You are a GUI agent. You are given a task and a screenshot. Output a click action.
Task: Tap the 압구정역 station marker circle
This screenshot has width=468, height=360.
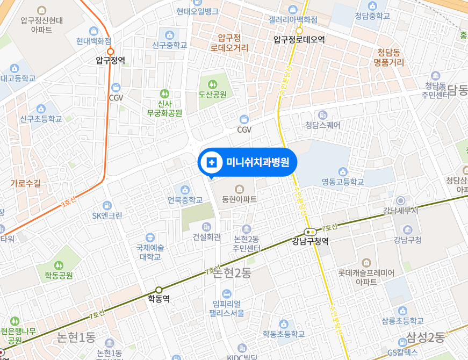click(x=110, y=53)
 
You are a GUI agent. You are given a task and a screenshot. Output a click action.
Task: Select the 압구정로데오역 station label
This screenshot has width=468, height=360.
click(x=299, y=39)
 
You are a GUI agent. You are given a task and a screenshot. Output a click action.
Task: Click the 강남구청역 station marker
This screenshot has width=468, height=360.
click(x=310, y=232)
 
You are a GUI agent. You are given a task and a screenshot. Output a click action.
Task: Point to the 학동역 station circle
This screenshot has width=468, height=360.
click(x=159, y=290)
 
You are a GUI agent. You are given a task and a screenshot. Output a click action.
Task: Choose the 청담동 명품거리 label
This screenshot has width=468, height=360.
click(x=390, y=57)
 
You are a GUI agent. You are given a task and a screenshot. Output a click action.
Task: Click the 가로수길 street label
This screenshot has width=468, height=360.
click(x=25, y=183)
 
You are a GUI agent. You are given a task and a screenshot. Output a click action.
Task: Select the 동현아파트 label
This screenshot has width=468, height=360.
click(x=239, y=199)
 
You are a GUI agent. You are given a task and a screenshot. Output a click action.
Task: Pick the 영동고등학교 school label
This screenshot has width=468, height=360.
click(x=343, y=182)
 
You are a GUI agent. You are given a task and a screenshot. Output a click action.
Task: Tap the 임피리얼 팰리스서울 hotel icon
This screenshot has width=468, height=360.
click(x=227, y=293)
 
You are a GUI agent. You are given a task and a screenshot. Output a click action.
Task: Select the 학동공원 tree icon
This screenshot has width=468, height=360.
click(x=59, y=265)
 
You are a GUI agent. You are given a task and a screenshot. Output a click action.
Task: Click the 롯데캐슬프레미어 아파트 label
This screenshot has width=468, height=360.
click(x=366, y=277)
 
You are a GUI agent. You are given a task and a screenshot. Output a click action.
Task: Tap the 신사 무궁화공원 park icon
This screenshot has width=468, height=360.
click(x=164, y=93)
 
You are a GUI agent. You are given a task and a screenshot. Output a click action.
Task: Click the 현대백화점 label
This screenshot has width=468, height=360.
click(x=93, y=41)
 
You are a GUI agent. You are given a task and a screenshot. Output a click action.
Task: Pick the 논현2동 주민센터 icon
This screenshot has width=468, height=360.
click(x=247, y=229)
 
